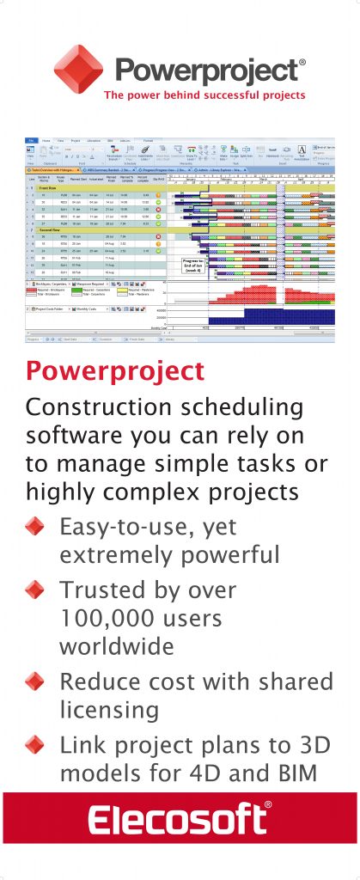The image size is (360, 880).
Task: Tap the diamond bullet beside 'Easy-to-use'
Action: [34, 527]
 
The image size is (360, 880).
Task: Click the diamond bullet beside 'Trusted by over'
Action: [34, 590]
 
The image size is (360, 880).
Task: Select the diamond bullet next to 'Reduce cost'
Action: [34, 682]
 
